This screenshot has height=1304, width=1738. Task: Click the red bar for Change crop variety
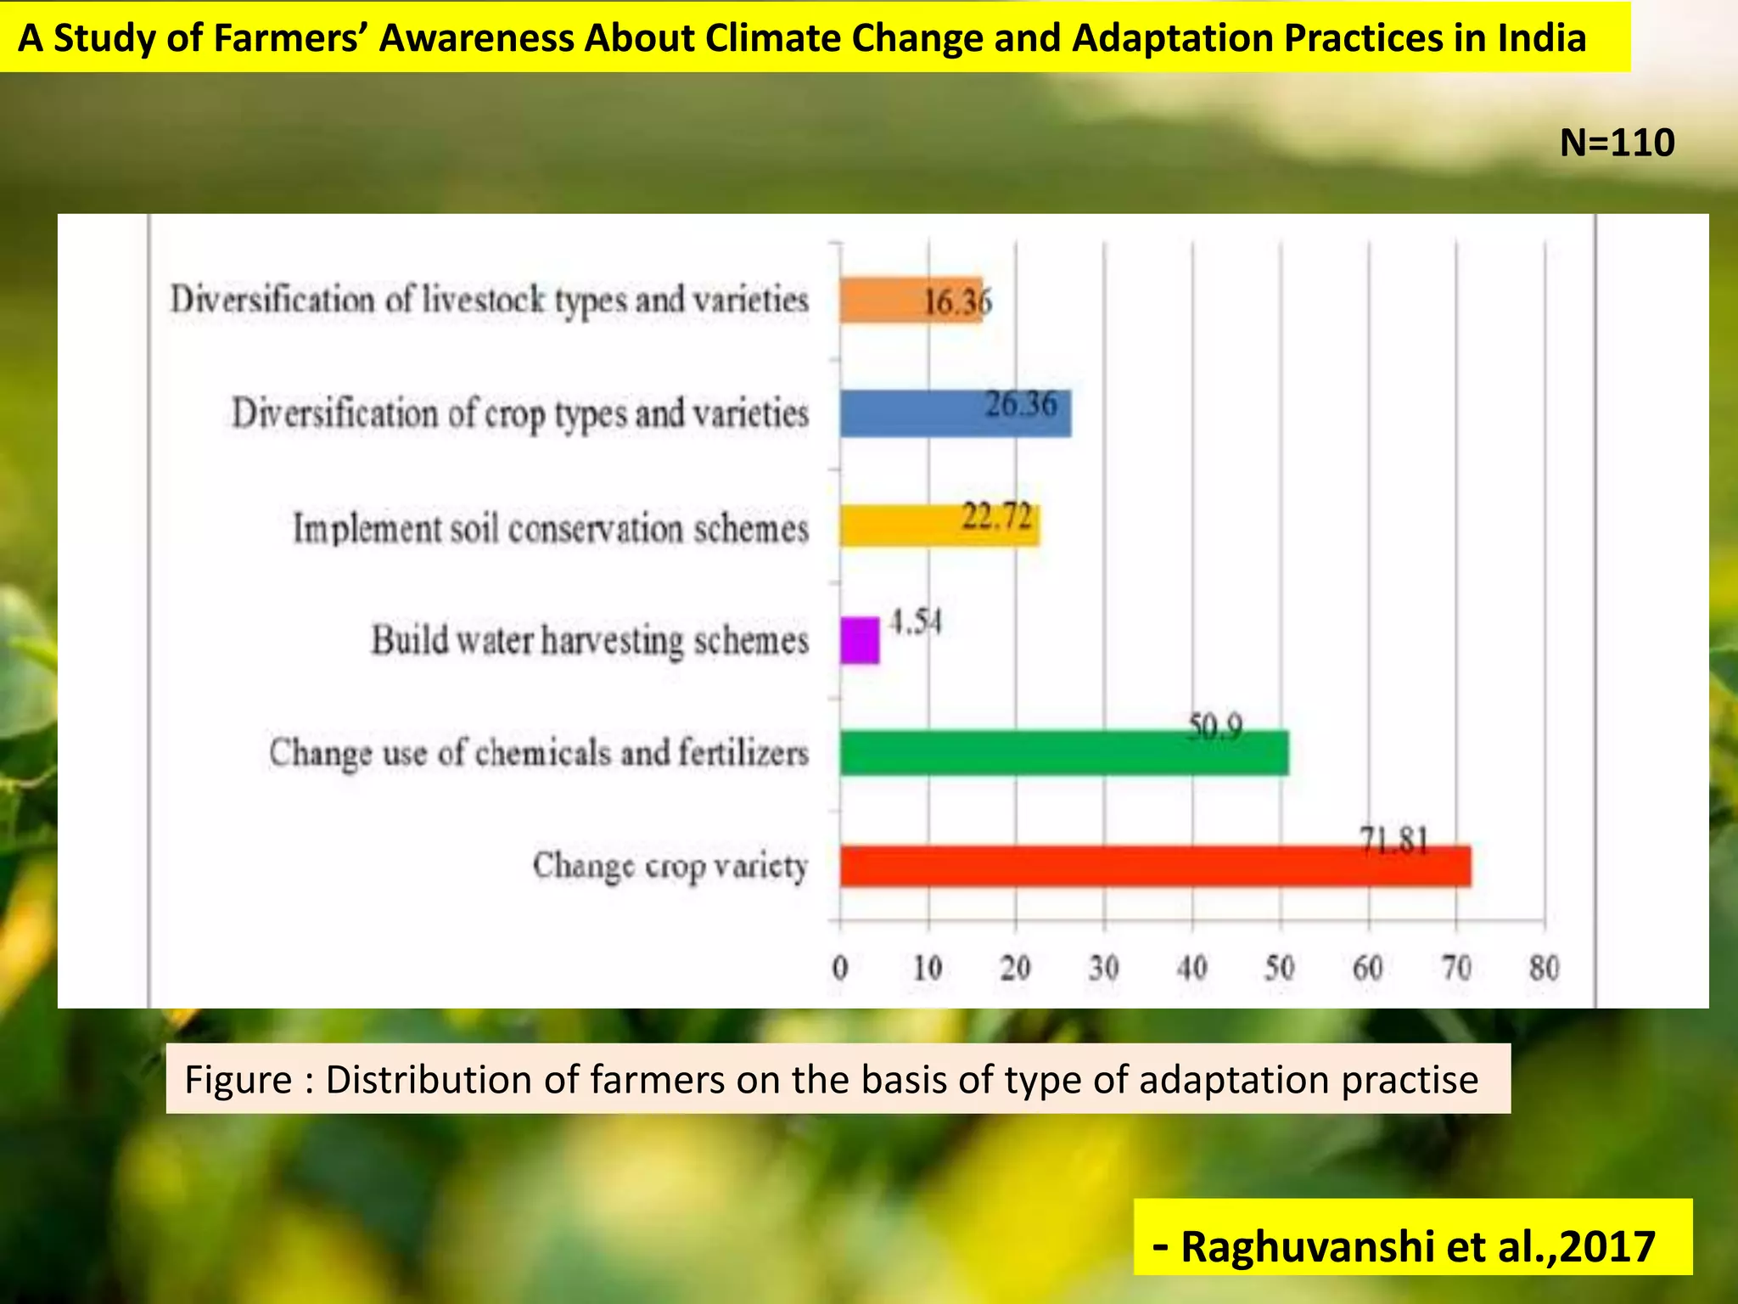tap(1154, 867)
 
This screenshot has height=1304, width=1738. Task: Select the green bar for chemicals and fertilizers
tap(1063, 753)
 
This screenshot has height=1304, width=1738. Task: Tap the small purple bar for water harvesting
tap(860, 640)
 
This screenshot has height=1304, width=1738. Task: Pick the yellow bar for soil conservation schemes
tap(939, 526)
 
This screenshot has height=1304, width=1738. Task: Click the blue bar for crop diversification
tap(955, 414)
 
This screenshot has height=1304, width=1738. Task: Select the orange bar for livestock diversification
tap(910, 301)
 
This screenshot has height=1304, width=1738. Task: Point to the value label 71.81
tap(1394, 840)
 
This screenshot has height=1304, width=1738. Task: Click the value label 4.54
tap(915, 622)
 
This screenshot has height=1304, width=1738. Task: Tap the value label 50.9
tap(1215, 727)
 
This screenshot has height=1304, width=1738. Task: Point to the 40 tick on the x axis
tap(1191, 968)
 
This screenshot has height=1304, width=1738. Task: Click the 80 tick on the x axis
tap(1544, 968)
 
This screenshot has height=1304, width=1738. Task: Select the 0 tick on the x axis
tap(840, 968)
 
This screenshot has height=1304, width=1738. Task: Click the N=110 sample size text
tap(1617, 143)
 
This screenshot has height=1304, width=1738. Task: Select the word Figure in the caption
tap(238, 1080)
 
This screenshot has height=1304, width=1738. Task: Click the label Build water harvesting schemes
tap(590, 640)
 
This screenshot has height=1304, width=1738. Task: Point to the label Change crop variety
tap(670, 866)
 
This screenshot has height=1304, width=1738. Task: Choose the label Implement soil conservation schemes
tap(551, 528)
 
